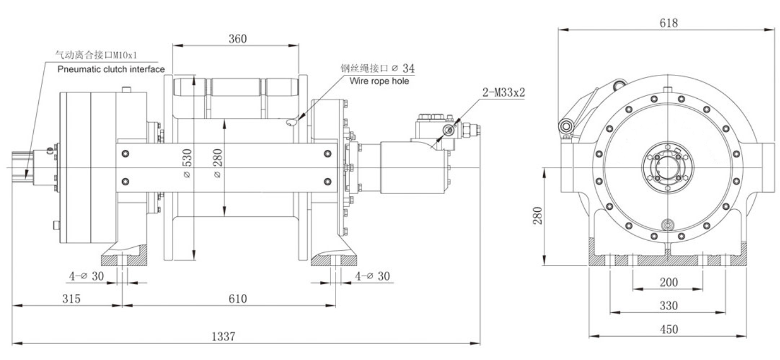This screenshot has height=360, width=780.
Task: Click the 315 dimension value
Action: coord(71,299)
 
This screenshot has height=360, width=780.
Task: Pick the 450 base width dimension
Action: coord(668,329)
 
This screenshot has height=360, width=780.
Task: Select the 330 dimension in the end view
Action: coord(668,306)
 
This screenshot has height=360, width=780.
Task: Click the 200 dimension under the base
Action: coord(668,282)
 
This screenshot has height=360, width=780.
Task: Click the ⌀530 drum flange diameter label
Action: coord(187,165)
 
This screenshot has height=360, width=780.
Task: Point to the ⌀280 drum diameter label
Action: coord(217,165)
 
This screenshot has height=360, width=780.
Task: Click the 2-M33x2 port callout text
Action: coord(503,92)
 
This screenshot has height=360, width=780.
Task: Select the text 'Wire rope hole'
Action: coord(379,80)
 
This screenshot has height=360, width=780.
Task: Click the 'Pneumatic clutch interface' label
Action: coord(111,69)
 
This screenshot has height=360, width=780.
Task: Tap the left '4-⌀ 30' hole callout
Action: coord(87,276)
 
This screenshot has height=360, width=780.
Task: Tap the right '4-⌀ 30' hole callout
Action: coord(372,276)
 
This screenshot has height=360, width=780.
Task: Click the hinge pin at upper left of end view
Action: coord(567,127)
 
